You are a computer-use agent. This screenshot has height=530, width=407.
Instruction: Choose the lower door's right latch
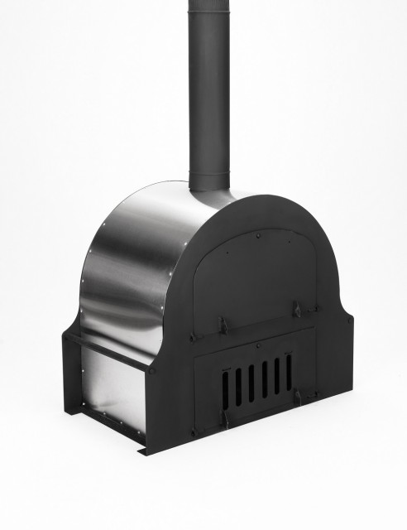pos(295,397)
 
